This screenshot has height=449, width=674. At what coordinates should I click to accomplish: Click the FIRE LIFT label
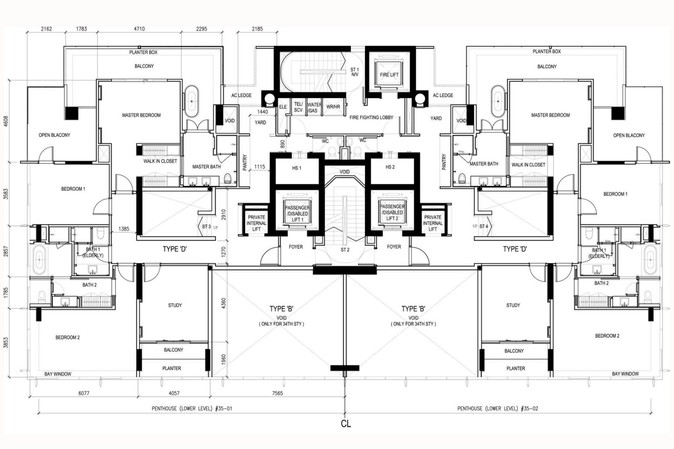tap(389, 75)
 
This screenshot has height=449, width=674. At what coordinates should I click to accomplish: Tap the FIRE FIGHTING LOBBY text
tap(371, 118)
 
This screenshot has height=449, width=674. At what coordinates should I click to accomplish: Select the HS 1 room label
tap(297, 168)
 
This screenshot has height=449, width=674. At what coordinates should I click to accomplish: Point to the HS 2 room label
tap(390, 167)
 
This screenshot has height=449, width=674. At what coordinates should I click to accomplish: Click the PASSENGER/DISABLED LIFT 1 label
tap(297, 214)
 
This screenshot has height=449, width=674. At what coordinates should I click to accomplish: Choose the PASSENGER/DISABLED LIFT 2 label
tap(392, 213)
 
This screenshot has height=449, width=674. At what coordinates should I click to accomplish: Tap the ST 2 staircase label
tap(345, 250)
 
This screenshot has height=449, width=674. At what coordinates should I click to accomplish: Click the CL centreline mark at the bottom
tap(346, 424)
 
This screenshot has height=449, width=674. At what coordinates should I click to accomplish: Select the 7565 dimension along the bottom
tap(277, 393)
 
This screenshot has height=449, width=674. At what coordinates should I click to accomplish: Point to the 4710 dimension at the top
tap(139, 29)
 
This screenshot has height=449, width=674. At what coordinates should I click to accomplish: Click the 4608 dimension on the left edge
tap(6, 121)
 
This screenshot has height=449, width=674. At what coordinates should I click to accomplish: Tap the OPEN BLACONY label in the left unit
tap(54, 135)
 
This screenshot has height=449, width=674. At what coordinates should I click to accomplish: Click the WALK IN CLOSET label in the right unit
tap(528, 165)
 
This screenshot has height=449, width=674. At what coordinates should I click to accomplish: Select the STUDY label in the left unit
tap(175, 305)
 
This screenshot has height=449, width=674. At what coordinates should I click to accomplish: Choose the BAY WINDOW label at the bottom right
tap(625, 374)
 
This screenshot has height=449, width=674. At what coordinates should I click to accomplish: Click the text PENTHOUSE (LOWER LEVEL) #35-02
tap(498, 409)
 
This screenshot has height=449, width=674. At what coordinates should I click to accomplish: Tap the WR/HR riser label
tap(333, 107)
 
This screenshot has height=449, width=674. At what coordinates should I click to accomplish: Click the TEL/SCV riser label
tap(298, 107)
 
